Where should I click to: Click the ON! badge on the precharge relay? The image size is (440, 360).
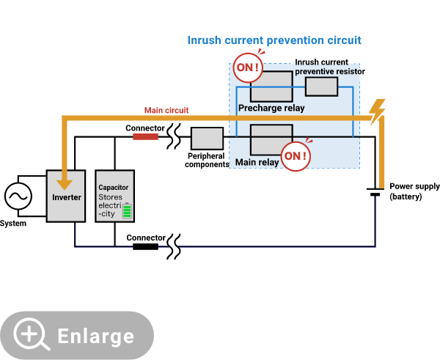pos(247,68)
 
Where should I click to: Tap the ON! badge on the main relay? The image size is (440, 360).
pos(296,156)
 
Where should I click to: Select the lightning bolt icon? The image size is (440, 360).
pos(376,111)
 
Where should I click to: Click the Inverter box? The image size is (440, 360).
pos(66,196)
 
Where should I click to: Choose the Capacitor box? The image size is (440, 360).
pos(115,196)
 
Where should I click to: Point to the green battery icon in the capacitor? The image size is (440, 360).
pos(127,210)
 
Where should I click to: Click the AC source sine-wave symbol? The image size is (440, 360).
pos(18,196)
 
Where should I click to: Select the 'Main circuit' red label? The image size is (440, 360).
pos(166,111)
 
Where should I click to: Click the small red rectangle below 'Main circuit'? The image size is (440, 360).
pos(145,136)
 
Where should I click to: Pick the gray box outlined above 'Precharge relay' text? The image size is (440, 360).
pos(271,87)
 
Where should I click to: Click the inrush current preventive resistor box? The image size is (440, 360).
pos(321,87)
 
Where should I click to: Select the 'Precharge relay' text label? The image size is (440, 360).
pos(271,109)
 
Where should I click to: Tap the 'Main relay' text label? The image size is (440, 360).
pos(257,162)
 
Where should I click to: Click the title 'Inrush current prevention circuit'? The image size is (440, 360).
pos(274,40)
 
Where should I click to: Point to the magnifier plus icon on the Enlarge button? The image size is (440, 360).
pos(31,334)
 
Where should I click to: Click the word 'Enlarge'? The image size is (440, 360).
pos(96,337)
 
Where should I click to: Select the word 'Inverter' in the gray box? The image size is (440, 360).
pos(66,198)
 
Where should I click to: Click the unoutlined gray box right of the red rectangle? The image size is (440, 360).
pos(207,138)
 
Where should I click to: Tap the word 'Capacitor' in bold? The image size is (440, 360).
pos(114,188)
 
